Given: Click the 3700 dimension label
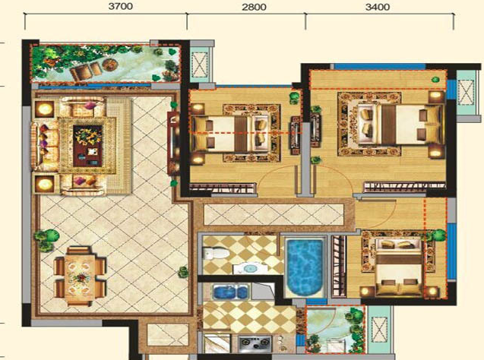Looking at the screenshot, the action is pyautogui.click(x=120, y=6).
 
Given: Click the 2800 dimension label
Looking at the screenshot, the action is pyautogui.click(x=254, y=7).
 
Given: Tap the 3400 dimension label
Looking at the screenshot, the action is pyautogui.click(x=378, y=7).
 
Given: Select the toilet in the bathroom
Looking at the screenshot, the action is pyautogui.click(x=216, y=254).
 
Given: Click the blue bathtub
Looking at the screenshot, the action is pyautogui.click(x=305, y=266).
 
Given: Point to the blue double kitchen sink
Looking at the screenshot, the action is pyautogui.click(x=230, y=292).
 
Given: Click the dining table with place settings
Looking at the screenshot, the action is pyautogui.click(x=81, y=276).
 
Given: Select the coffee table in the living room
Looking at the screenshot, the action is pyautogui.click(x=87, y=146).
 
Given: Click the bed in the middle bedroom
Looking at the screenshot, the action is pyautogui.click(x=230, y=134).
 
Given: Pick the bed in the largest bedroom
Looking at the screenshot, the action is pyautogui.click(x=400, y=125).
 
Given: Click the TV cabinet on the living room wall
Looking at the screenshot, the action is pyautogui.click(x=173, y=143).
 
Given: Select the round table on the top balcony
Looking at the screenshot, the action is pyautogui.click(x=110, y=65).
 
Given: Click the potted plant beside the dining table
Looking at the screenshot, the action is pyautogui.click(x=46, y=240).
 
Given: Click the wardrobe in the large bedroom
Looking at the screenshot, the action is pyautogui.click(x=405, y=186).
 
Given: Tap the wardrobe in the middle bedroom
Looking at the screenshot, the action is pyautogui.click(x=223, y=188).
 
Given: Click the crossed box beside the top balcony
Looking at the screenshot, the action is pyautogui.click(x=200, y=65).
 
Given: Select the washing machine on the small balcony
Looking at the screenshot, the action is pyautogui.click(x=335, y=346).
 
